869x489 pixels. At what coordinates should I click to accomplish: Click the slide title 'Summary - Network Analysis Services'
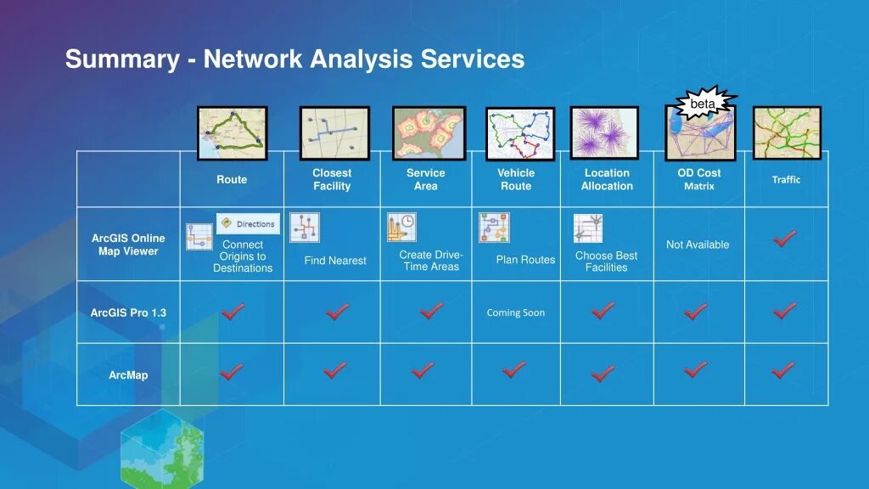[294, 59]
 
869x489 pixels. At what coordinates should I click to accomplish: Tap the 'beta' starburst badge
[703, 104]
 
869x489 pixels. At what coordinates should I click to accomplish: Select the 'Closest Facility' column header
[332, 179]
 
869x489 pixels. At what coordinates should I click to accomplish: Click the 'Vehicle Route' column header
[516, 179]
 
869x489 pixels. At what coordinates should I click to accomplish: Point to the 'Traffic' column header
[786, 179]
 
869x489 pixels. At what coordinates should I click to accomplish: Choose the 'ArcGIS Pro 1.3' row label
[128, 312]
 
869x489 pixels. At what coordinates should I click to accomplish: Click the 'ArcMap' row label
[128, 375]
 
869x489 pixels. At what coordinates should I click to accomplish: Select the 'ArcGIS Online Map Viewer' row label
[128, 244]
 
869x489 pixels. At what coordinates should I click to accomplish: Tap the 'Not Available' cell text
[698, 244]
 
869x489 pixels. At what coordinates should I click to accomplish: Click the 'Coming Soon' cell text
[516, 312]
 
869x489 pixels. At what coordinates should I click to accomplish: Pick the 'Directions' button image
[248, 223]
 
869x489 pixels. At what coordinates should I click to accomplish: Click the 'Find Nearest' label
[335, 261]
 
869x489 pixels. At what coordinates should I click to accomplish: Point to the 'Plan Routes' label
[525, 260]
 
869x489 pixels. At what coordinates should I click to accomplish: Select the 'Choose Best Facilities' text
[606, 261]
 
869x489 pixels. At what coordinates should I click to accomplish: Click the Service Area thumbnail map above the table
[429, 132]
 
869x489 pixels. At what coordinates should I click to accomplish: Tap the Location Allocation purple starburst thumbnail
[604, 132]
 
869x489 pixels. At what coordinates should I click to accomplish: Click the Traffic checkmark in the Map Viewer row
[784, 239]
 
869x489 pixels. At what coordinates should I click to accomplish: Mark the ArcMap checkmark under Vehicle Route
[513, 369]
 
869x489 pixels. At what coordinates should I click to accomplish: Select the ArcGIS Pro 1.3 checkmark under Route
[232, 312]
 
